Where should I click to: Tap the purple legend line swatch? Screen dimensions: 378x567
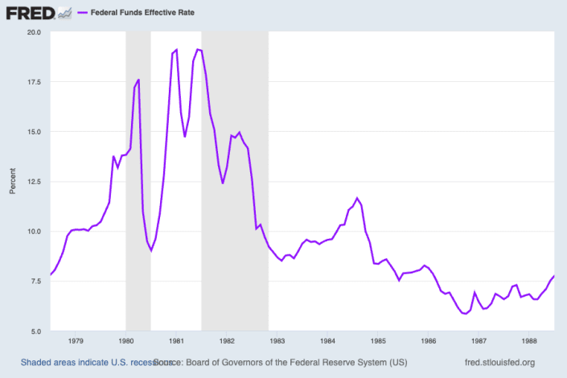82,14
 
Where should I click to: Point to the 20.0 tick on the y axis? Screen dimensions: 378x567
34,32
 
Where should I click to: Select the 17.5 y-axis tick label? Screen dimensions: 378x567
34,82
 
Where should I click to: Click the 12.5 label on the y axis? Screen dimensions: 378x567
34,182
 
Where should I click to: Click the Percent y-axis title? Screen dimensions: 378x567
12,182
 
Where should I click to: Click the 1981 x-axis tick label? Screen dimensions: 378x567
175,341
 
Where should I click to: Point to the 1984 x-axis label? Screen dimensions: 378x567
327,341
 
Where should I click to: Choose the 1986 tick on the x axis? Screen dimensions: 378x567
428,341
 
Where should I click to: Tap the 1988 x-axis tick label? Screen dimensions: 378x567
528,341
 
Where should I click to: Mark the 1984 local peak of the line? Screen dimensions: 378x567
357,198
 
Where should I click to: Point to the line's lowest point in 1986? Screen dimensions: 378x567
465,314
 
